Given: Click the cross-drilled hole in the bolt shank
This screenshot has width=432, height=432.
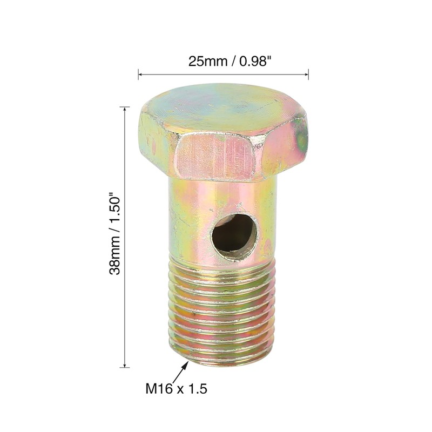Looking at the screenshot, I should pyautogui.click(x=234, y=237).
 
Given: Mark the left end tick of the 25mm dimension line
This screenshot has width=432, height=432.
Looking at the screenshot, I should pyautogui.click(x=138, y=74).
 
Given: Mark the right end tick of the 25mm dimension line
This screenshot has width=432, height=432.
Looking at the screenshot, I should pyautogui.click(x=308, y=74).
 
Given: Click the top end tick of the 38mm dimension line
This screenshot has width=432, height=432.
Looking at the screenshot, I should pyautogui.click(x=125, y=107).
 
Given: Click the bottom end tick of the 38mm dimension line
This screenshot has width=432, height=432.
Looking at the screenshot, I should pyautogui.click(x=125, y=367).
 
